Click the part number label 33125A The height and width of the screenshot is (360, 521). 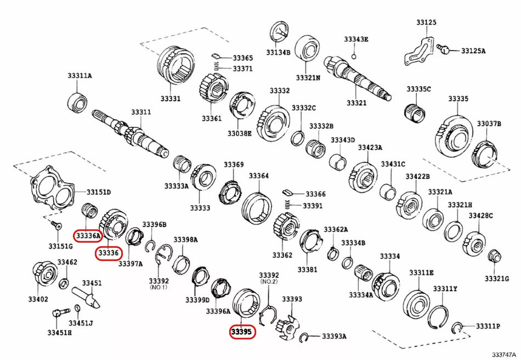(473, 51)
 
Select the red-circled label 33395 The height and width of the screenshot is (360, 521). (241, 332)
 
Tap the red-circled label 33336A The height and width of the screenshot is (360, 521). (88, 236)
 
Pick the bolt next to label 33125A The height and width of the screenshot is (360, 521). (446, 50)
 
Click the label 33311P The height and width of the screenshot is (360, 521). (488, 326)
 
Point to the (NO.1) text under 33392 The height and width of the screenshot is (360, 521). (160, 287)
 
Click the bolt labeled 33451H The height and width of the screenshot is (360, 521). (58, 315)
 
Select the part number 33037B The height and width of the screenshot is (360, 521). (489, 124)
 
